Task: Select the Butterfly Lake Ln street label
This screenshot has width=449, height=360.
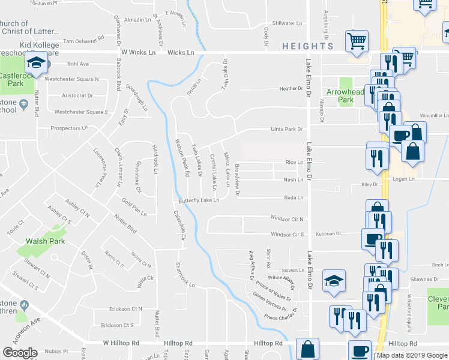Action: [197, 201]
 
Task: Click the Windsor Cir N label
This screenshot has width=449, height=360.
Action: [287, 220]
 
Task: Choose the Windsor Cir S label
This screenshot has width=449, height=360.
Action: [287, 235]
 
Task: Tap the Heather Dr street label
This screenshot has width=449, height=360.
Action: [291, 89]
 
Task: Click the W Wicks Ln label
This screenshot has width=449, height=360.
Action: [137, 53]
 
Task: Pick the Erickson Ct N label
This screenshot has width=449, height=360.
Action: [121, 308]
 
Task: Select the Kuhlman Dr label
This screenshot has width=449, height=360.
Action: [329, 233]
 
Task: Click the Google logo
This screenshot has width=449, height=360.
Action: [20, 353]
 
